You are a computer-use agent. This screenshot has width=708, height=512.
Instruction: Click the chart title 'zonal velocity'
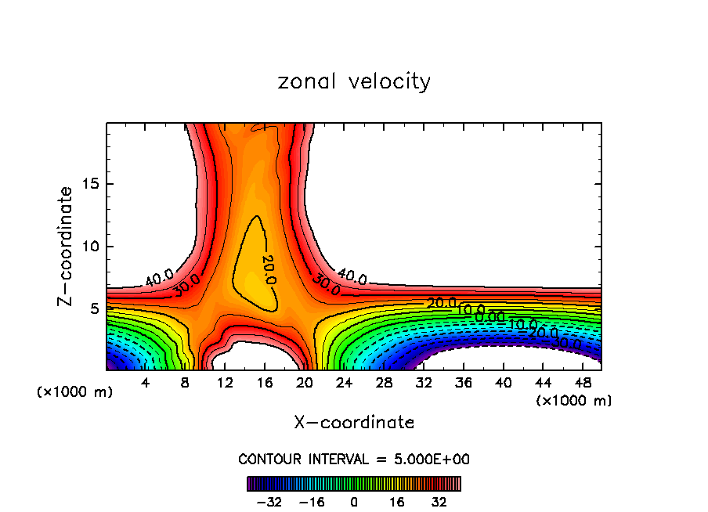pyautogui.click(x=354, y=82)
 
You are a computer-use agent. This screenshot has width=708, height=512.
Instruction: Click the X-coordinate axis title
pyautogui.click(x=354, y=423)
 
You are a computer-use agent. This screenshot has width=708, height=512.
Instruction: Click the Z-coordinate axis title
pyautogui.click(x=67, y=246)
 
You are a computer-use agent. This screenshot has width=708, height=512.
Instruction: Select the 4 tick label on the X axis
pyautogui.click(x=146, y=383)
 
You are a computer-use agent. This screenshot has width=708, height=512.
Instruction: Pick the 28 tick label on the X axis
pyautogui.click(x=384, y=383)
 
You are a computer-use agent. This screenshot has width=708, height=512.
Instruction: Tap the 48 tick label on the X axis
pyautogui.click(x=582, y=383)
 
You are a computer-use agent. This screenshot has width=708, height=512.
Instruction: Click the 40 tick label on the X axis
pyautogui.click(x=503, y=383)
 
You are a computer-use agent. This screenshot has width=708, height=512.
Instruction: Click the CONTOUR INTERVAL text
pyautogui.click(x=354, y=460)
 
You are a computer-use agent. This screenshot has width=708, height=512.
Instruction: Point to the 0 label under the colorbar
pyautogui.click(x=354, y=502)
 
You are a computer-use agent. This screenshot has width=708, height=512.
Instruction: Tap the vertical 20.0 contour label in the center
pyautogui.click(x=267, y=269)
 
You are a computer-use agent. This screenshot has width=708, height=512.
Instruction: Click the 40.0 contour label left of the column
pyautogui.click(x=159, y=276)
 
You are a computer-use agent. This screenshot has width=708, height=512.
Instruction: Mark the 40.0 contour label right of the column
pyautogui.click(x=352, y=276)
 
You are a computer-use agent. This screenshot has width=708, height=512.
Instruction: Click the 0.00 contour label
pyautogui.click(x=490, y=316)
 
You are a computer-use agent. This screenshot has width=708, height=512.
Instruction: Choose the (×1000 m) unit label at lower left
pyautogui.click(x=75, y=392)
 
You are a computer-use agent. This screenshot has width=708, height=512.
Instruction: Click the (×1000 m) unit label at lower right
pyautogui.click(x=574, y=401)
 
